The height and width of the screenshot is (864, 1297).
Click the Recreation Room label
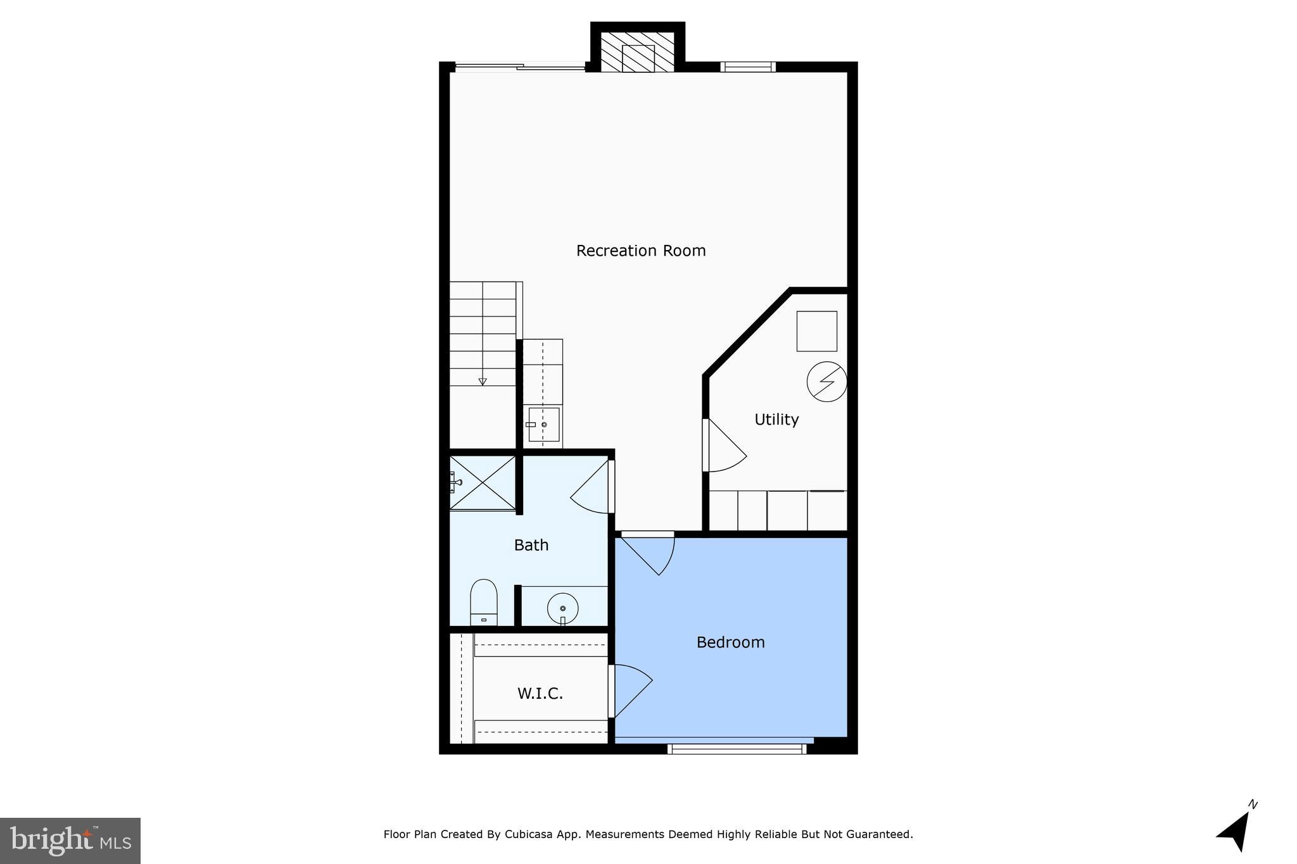click(x=641, y=251)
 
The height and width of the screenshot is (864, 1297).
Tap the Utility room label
click(x=776, y=420)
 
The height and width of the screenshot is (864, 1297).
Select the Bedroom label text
click(x=730, y=642)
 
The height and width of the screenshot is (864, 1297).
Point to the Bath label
click(x=531, y=545)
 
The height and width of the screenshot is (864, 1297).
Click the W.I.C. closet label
click(x=540, y=694)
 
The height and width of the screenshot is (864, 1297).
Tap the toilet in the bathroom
click(x=483, y=601)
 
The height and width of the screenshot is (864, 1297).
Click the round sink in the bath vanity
click(x=562, y=608)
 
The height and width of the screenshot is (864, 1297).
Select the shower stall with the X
click(x=483, y=482)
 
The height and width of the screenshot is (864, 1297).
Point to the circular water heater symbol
click(x=826, y=382)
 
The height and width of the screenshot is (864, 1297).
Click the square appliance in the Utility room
click(x=816, y=331)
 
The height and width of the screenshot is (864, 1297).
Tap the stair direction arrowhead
click(x=483, y=382)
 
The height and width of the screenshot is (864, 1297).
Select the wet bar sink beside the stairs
click(x=543, y=425)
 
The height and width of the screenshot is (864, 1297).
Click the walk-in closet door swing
click(x=631, y=690)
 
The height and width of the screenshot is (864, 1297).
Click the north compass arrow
click(x=1236, y=830)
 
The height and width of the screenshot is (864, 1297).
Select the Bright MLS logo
click(x=70, y=841)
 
